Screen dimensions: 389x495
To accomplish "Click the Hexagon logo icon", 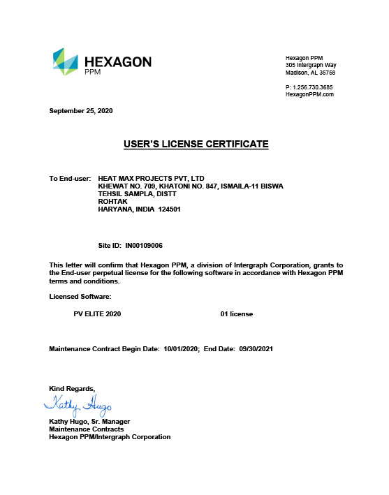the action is pos(66,62).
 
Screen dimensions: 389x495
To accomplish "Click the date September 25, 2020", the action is pos(80,112).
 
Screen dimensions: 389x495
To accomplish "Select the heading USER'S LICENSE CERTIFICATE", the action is pos(196,144).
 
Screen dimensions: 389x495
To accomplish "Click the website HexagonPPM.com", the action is pos(310,94).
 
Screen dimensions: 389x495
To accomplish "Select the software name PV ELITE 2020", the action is pos(97,314).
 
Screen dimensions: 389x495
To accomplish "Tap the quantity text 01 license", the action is pos(236,314).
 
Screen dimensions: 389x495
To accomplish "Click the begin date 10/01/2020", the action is pos(182,348).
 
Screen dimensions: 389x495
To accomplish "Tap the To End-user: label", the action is pos(70,179).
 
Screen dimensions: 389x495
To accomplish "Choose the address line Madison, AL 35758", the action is pos(311,72).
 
